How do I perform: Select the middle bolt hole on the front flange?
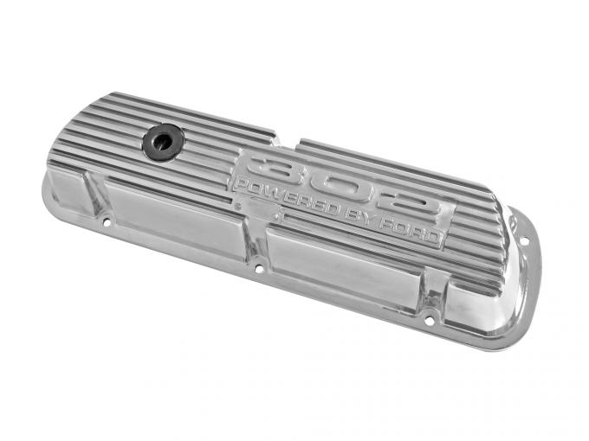click(257, 269)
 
